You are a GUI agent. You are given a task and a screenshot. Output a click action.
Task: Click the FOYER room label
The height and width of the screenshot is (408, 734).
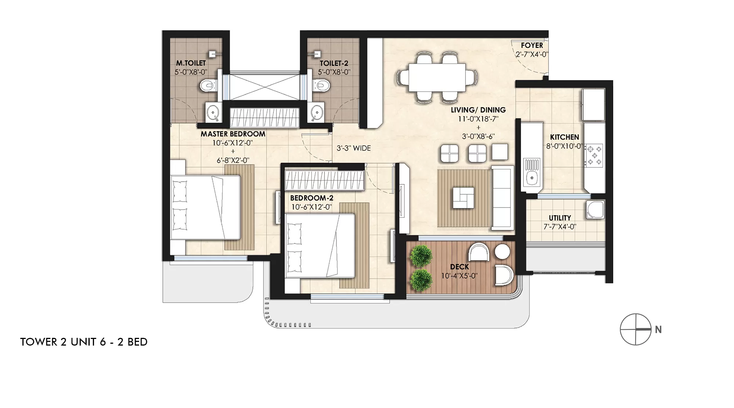pyautogui.click(x=532, y=46)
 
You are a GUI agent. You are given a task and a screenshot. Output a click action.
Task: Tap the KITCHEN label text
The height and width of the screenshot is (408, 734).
pyautogui.click(x=564, y=137)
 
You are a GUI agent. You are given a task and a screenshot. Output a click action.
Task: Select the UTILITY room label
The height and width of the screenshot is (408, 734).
pyautogui.click(x=560, y=218)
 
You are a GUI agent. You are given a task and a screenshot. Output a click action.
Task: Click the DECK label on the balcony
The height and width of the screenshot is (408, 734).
pyautogui.click(x=459, y=267)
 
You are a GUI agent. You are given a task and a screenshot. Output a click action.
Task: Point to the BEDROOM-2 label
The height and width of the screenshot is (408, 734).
pyautogui.click(x=312, y=198)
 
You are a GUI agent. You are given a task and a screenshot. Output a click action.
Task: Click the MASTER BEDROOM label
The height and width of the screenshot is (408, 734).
pyautogui.click(x=233, y=134)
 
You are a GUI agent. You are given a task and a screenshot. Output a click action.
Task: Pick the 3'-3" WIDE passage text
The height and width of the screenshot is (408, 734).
pyautogui.click(x=354, y=148)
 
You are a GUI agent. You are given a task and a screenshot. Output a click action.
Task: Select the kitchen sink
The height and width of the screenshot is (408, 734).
pyautogui.click(x=531, y=175)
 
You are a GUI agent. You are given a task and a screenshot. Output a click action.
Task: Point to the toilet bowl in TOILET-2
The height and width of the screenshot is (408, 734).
pyautogui.click(x=322, y=86)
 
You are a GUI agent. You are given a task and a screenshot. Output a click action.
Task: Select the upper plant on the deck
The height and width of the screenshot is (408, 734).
pyautogui.click(x=421, y=256)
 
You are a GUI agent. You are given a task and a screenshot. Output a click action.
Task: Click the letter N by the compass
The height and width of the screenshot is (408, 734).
pyautogui.click(x=658, y=330)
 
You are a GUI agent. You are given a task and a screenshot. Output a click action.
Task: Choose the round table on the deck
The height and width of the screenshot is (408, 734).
pyautogui.click(x=502, y=252)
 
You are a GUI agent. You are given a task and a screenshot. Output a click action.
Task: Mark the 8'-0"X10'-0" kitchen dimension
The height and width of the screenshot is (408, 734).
pyautogui.click(x=564, y=146)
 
